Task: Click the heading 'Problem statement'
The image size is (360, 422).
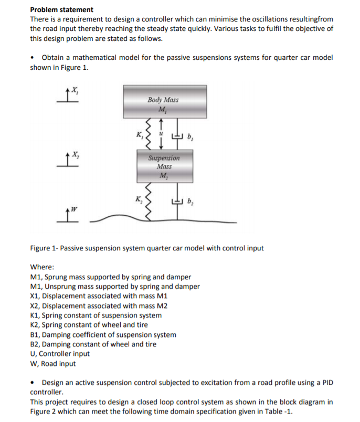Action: pos(62,9)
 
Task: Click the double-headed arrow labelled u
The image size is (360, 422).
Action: pos(163,135)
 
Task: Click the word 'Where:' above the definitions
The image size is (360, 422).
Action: pos(43,267)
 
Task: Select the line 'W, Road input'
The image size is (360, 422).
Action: pos(53,363)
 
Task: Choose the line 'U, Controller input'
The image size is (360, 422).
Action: pos(60,354)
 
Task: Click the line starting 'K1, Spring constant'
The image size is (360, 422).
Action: pos(96,315)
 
